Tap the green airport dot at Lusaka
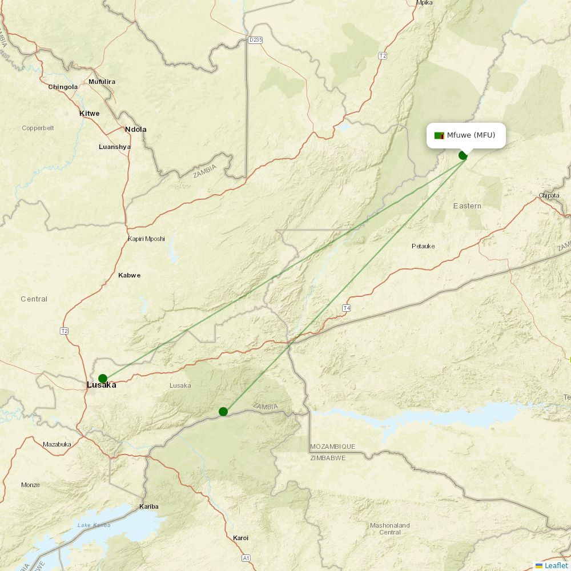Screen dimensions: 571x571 tap(103, 379)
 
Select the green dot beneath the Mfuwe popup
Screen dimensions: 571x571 tap(463, 155)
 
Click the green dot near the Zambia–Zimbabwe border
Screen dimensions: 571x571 tap(223, 412)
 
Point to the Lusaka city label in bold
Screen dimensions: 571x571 tap(101, 385)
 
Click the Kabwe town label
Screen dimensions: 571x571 tap(129, 275)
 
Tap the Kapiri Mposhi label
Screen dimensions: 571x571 tap(146, 239)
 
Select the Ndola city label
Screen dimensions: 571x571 tap(136, 129)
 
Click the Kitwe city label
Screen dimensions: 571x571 tap(89, 113)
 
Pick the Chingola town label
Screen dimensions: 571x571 tap(63, 87)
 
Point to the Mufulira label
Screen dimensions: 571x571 tap(102, 82)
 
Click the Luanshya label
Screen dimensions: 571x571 tap(114, 147)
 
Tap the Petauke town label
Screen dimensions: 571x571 tap(423, 246)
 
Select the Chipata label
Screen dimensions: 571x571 tap(549, 196)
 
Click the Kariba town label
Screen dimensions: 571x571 tap(149, 506)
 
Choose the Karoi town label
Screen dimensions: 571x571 tap(240, 538)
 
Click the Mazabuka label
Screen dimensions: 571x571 tap(57, 444)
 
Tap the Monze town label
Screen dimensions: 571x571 tap(30, 485)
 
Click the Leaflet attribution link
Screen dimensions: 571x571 tap(556, 565)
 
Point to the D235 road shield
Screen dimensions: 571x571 tap(255, 39)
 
